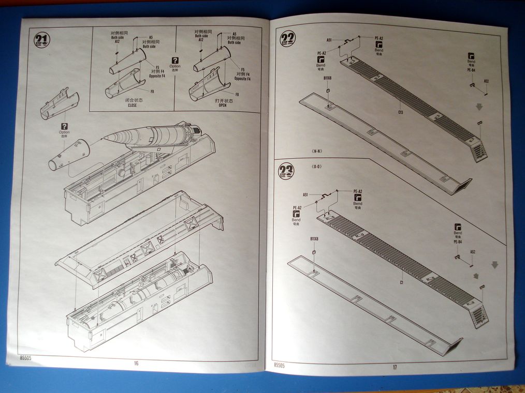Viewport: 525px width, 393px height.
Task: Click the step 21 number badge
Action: click(42, 40)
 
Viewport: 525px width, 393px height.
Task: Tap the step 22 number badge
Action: click(287, 39)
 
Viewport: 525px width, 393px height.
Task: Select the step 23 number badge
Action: click(286, 170)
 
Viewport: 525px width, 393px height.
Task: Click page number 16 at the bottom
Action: click(136, 363)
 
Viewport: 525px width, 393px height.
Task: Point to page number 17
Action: click(395, 367)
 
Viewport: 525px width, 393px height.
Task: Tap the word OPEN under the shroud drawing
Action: click(223, 105)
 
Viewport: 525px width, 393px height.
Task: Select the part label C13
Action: click(401, 112)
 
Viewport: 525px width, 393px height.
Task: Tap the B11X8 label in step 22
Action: click(327, 78)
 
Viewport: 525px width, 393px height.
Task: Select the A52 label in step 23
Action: click(473, 252)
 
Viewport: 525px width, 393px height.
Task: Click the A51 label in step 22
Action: click(329, 40)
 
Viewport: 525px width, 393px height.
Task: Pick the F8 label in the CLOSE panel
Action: click(152, 92)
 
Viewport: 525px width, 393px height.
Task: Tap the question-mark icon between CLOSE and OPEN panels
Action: click(175, 60)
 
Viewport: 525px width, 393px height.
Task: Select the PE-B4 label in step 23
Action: click(458, 241)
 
